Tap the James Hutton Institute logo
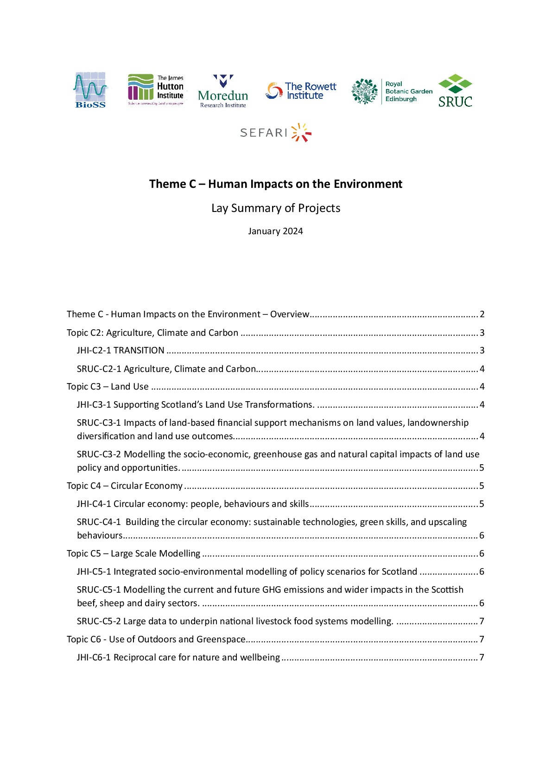tap(156, 90)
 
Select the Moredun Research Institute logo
tap(223, 91)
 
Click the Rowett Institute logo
tap(301, 91)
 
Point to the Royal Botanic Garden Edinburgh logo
tap(392, 91)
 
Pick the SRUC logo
tap(455, 91)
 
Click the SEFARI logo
tap(275, 133)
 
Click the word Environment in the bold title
tap(368, 184)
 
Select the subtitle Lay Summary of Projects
tap(276, 208)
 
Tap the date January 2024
tap(275, 231)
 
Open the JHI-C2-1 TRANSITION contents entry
tap(121, 351)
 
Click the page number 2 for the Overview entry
tap(482, 314)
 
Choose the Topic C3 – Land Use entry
tap(108, 387)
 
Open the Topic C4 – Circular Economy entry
tap(125, 486)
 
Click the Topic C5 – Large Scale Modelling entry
tap(133, 554)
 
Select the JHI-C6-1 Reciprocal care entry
tap(178, 658)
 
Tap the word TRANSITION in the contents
tap(139, 351)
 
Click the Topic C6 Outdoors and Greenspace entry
tap(156, 640)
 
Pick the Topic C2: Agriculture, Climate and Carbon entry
tap(152, 333)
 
